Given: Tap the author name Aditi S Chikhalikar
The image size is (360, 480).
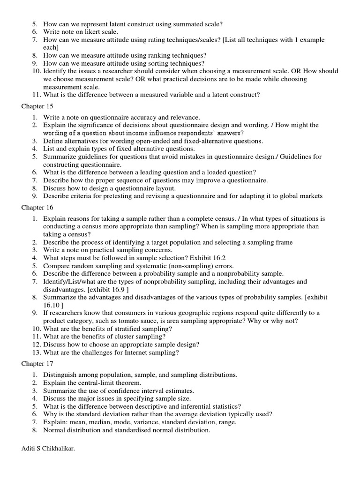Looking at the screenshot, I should [48, 448].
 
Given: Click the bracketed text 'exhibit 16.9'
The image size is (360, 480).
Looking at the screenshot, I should [108, 290].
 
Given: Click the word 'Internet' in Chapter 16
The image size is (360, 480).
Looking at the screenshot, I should [137, 352].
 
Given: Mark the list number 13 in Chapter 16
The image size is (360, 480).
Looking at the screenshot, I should [37, 352].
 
